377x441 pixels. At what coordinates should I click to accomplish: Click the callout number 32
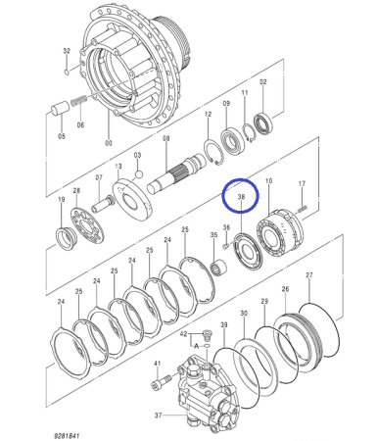67,51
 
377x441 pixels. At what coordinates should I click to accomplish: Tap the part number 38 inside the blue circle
241,197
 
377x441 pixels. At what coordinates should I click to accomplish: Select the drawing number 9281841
67,436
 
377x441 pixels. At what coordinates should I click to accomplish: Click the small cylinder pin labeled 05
60,109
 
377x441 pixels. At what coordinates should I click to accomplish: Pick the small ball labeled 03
139,174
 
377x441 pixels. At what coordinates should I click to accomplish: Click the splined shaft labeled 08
176,174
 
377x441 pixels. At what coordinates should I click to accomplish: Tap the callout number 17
302,183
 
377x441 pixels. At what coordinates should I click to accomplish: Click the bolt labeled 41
162,382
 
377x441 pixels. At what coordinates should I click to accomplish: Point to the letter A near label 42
196,346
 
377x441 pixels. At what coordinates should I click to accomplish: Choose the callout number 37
159,416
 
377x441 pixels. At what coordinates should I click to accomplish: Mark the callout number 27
309,275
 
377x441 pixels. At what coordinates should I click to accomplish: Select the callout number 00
109,143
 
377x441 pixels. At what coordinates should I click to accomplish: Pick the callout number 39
224,324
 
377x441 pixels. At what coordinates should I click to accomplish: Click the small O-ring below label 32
67,73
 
